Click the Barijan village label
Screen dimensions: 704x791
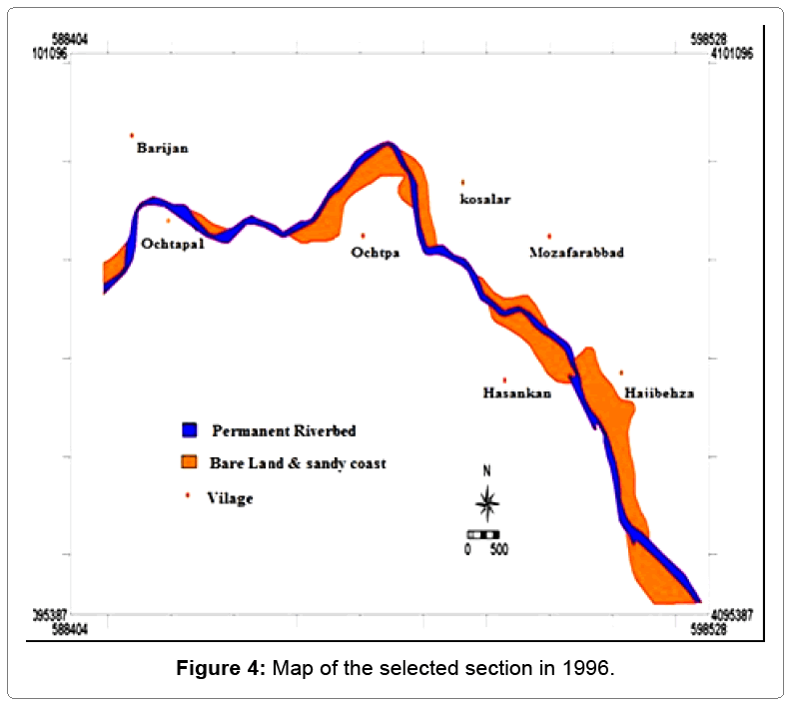[x=162, y=149]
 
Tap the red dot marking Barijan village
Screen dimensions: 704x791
[x=131, y=135]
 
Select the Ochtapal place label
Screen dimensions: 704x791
[x=172, y=244]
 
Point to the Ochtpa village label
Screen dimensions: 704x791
[x=376, y=253]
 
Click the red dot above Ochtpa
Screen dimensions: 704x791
[x=363, y=236]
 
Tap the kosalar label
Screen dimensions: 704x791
[x=484, y=199]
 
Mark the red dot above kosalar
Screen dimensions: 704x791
[x=462, y=182]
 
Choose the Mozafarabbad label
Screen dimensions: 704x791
[x=576, y=253]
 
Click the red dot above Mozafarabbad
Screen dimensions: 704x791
[x=548, y=236]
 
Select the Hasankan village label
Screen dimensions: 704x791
[x=516, y=393]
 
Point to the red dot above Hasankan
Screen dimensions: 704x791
[x=504, y=379]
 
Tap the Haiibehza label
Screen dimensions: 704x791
[x=658, y=393]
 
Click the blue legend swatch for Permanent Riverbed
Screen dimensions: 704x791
[x=191, y=430]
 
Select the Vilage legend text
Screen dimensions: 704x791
[x=231, y=498]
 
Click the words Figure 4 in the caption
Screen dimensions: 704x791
[x=220, y=668]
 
